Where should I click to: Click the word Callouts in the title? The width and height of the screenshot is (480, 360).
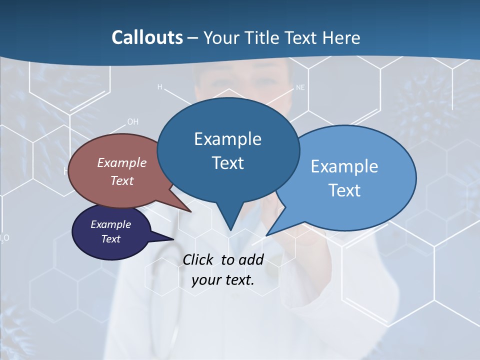pyautogui.click(x=147, y=37)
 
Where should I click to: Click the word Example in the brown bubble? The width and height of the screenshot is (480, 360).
pyautogui.click(x=122, y=162)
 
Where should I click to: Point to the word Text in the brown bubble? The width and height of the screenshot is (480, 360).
pyautogui.click(x=122, y=180)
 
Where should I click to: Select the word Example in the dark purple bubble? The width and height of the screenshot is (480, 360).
pyautogui.click(x=111, y=224)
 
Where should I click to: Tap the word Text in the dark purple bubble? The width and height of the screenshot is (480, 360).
pyautogui.click(x=111, y=239)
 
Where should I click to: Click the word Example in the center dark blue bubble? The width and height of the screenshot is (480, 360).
pyautogui.click(x=228, y=138)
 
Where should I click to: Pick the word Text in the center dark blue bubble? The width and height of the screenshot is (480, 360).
pyautogui.click(x=228, y=162)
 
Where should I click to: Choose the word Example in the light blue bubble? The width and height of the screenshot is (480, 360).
pyautogui.click(x=344, y=166)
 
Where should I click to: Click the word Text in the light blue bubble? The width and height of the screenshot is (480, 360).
pyautogui.click(x=344, y=190)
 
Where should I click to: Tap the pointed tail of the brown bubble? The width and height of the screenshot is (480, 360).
pyautogui.click(x=190, y=211)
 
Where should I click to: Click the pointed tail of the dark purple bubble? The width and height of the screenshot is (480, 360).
pyautogui.click(x=173, y=239)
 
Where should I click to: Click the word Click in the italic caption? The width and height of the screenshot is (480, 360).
pyautogui.click(x=199, y=259)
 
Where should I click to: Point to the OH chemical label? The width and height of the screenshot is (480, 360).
pyautogui.click(x=132, y=121)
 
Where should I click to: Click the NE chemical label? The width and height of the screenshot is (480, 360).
pyautogui.click(x=300, y=87)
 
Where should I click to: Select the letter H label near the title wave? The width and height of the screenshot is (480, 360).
pyautogui.click(x=160, y=87)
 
